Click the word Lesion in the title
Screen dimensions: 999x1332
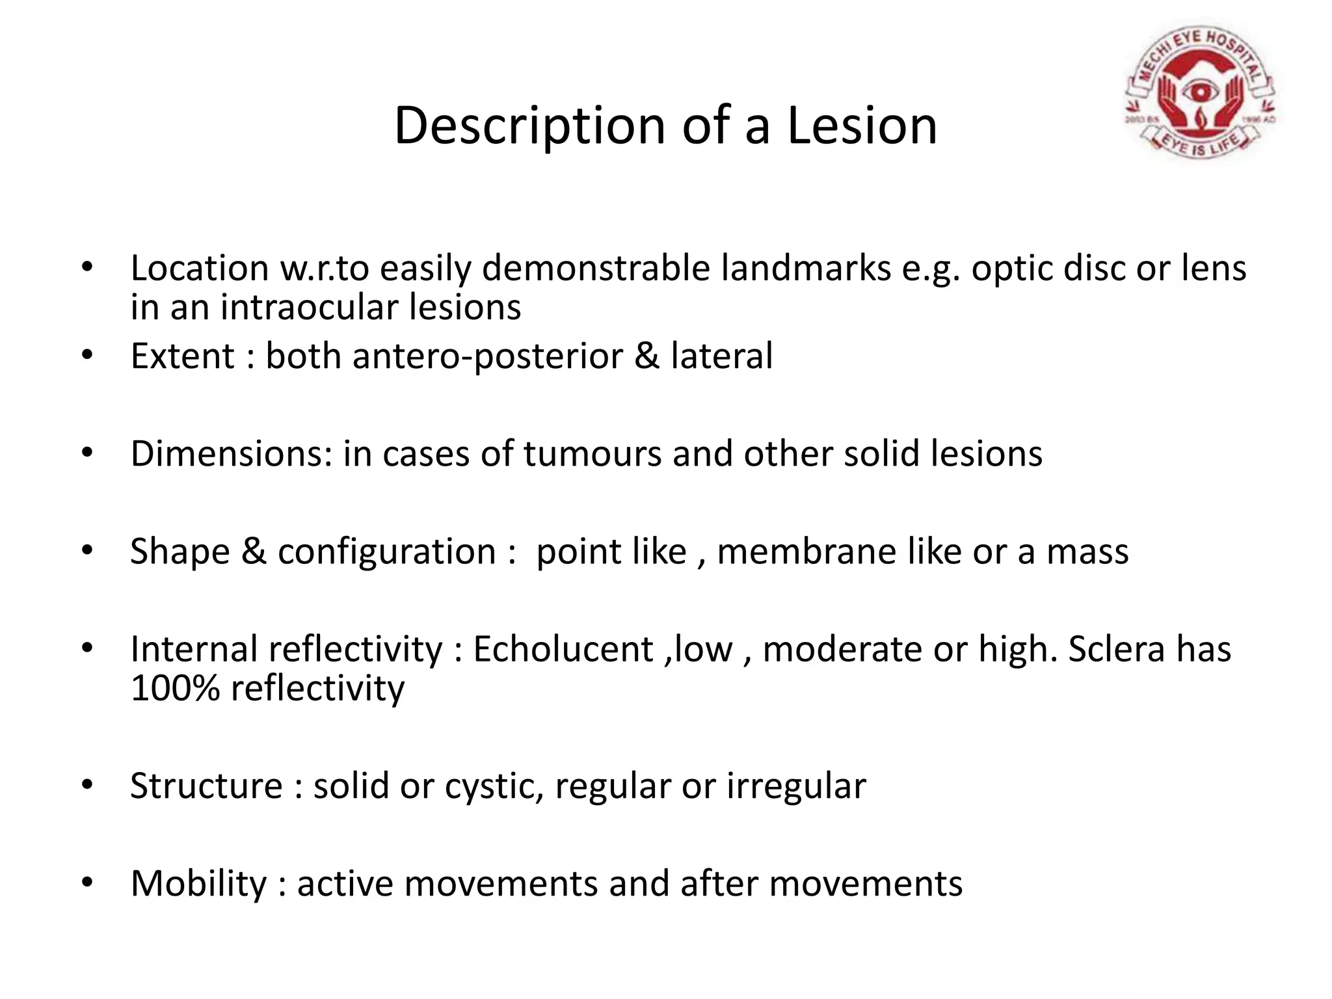[x=862, y=125]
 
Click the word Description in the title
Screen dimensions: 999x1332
[x=529, y=125]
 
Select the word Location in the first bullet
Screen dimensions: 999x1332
[x=200, y=268]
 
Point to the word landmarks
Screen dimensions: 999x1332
[x=806, y=268]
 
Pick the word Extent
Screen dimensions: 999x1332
[x=182, y=356]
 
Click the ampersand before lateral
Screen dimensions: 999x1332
[x=646, y=356]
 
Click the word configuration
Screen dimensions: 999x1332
[x=387, y=552]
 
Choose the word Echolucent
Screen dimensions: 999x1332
[x=563, y=649]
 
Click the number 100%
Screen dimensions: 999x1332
[x=175, y=688]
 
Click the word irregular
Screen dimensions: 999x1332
[x=796, y=786]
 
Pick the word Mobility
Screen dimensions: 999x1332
[x=198, y=883]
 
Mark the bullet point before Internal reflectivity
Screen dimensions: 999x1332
[x=87, y=648]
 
